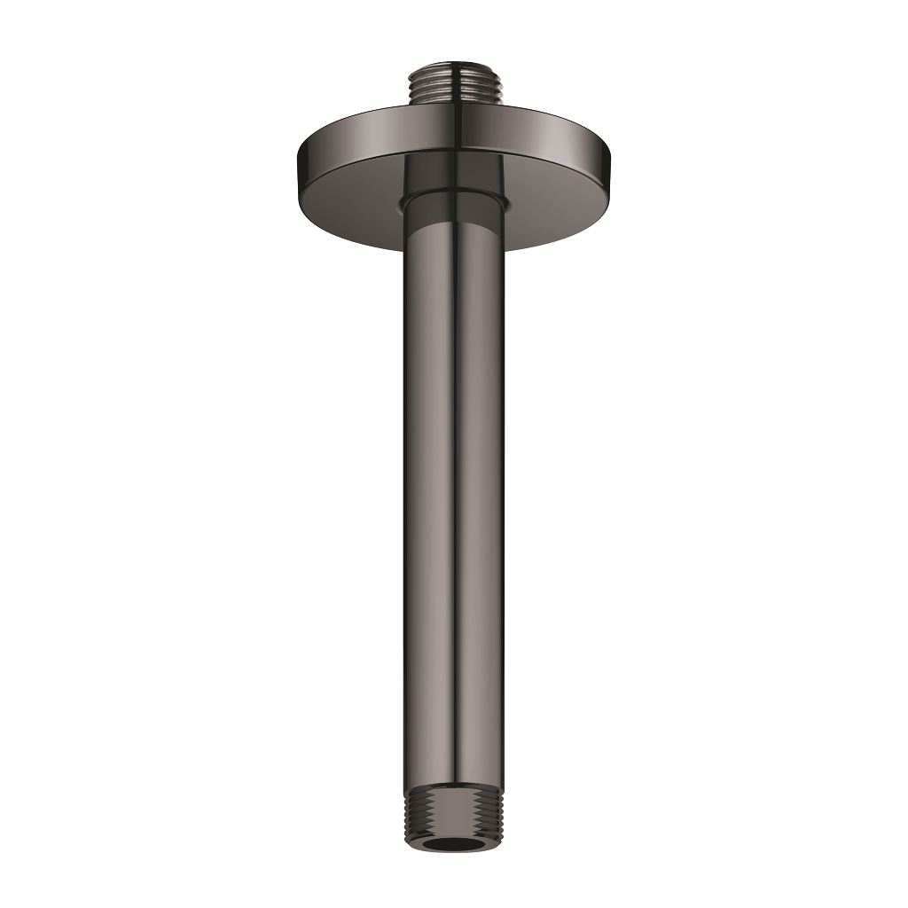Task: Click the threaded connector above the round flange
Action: point(455,85)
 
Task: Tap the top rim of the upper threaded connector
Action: point(455,67)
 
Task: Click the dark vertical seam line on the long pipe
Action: point(455,488)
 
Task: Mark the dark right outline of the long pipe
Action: point(505,488)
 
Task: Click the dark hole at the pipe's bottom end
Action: point(453,842)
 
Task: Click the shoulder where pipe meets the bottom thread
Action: point(453,787)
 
